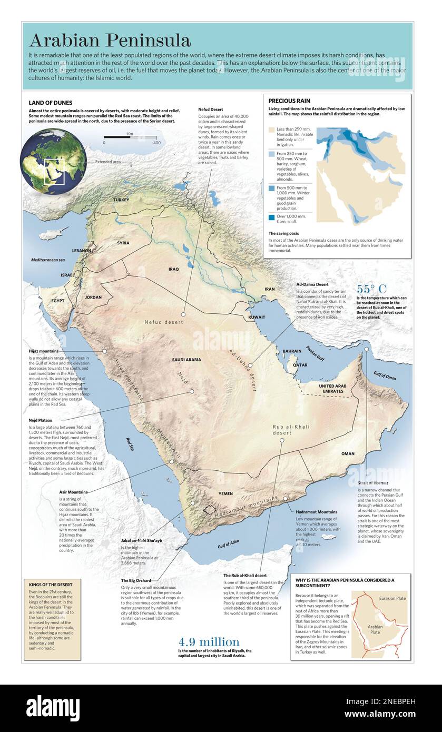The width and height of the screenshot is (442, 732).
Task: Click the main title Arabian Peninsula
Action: pos(110,40)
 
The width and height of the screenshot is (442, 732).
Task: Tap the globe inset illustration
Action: pos(53,162)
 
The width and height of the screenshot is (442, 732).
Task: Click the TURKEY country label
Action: pos(121,200)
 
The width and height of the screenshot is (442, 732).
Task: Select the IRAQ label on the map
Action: pos(173,269)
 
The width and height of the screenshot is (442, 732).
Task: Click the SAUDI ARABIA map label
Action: pos(186,360)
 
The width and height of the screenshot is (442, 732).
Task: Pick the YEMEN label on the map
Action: pos(225,494)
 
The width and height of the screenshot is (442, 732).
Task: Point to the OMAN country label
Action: pos(348,453)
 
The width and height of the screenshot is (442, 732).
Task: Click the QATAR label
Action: pos(300,364)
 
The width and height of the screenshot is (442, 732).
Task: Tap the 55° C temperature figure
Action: pos(371,289)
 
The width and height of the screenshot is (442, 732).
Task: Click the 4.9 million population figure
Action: pos(209,642)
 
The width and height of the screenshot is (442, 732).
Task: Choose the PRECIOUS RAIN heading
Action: pos(289,101)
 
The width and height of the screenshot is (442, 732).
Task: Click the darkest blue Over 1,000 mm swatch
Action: pos(271,217)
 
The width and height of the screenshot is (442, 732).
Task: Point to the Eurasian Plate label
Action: pos(392,598)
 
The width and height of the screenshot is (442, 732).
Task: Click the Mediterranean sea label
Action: pos(47,260)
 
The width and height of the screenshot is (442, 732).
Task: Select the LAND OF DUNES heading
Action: pos(51,103)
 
